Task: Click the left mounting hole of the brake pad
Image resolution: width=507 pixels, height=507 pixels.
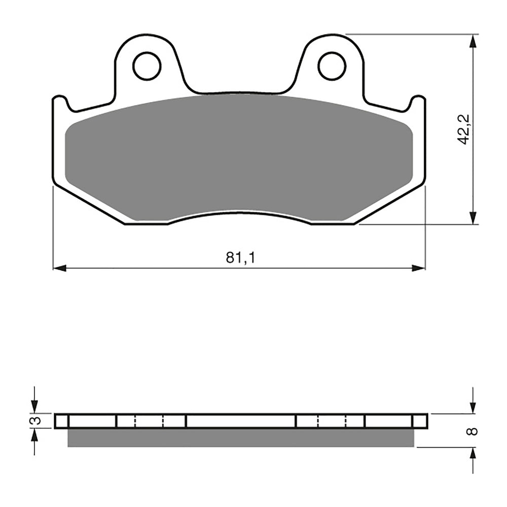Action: [147, 66]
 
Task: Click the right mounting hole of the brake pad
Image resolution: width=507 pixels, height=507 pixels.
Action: [332, 66]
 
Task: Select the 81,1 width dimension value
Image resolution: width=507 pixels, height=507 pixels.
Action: [240, 258]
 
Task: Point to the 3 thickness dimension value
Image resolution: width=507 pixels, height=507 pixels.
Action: [34, 421]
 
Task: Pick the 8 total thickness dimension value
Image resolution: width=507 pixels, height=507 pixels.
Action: [473, 431]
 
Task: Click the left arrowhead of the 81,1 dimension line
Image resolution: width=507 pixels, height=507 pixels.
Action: [59, 268]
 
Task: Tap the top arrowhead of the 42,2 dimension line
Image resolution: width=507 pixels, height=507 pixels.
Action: [473, 41]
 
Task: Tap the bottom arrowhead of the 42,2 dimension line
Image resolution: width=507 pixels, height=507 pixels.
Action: [473, 218]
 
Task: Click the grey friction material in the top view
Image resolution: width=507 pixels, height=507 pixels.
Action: [238, 157]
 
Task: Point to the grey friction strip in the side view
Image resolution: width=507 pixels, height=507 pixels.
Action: [241, 438]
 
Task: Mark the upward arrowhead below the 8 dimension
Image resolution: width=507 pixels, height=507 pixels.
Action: [473, 453]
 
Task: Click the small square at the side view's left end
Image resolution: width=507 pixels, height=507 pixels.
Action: [61, 421]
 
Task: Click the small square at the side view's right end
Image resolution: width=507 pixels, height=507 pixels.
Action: [420, 421]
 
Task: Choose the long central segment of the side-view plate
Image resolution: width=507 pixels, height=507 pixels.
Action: [241, 421]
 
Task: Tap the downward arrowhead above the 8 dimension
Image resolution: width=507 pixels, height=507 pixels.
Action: [473, 408]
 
